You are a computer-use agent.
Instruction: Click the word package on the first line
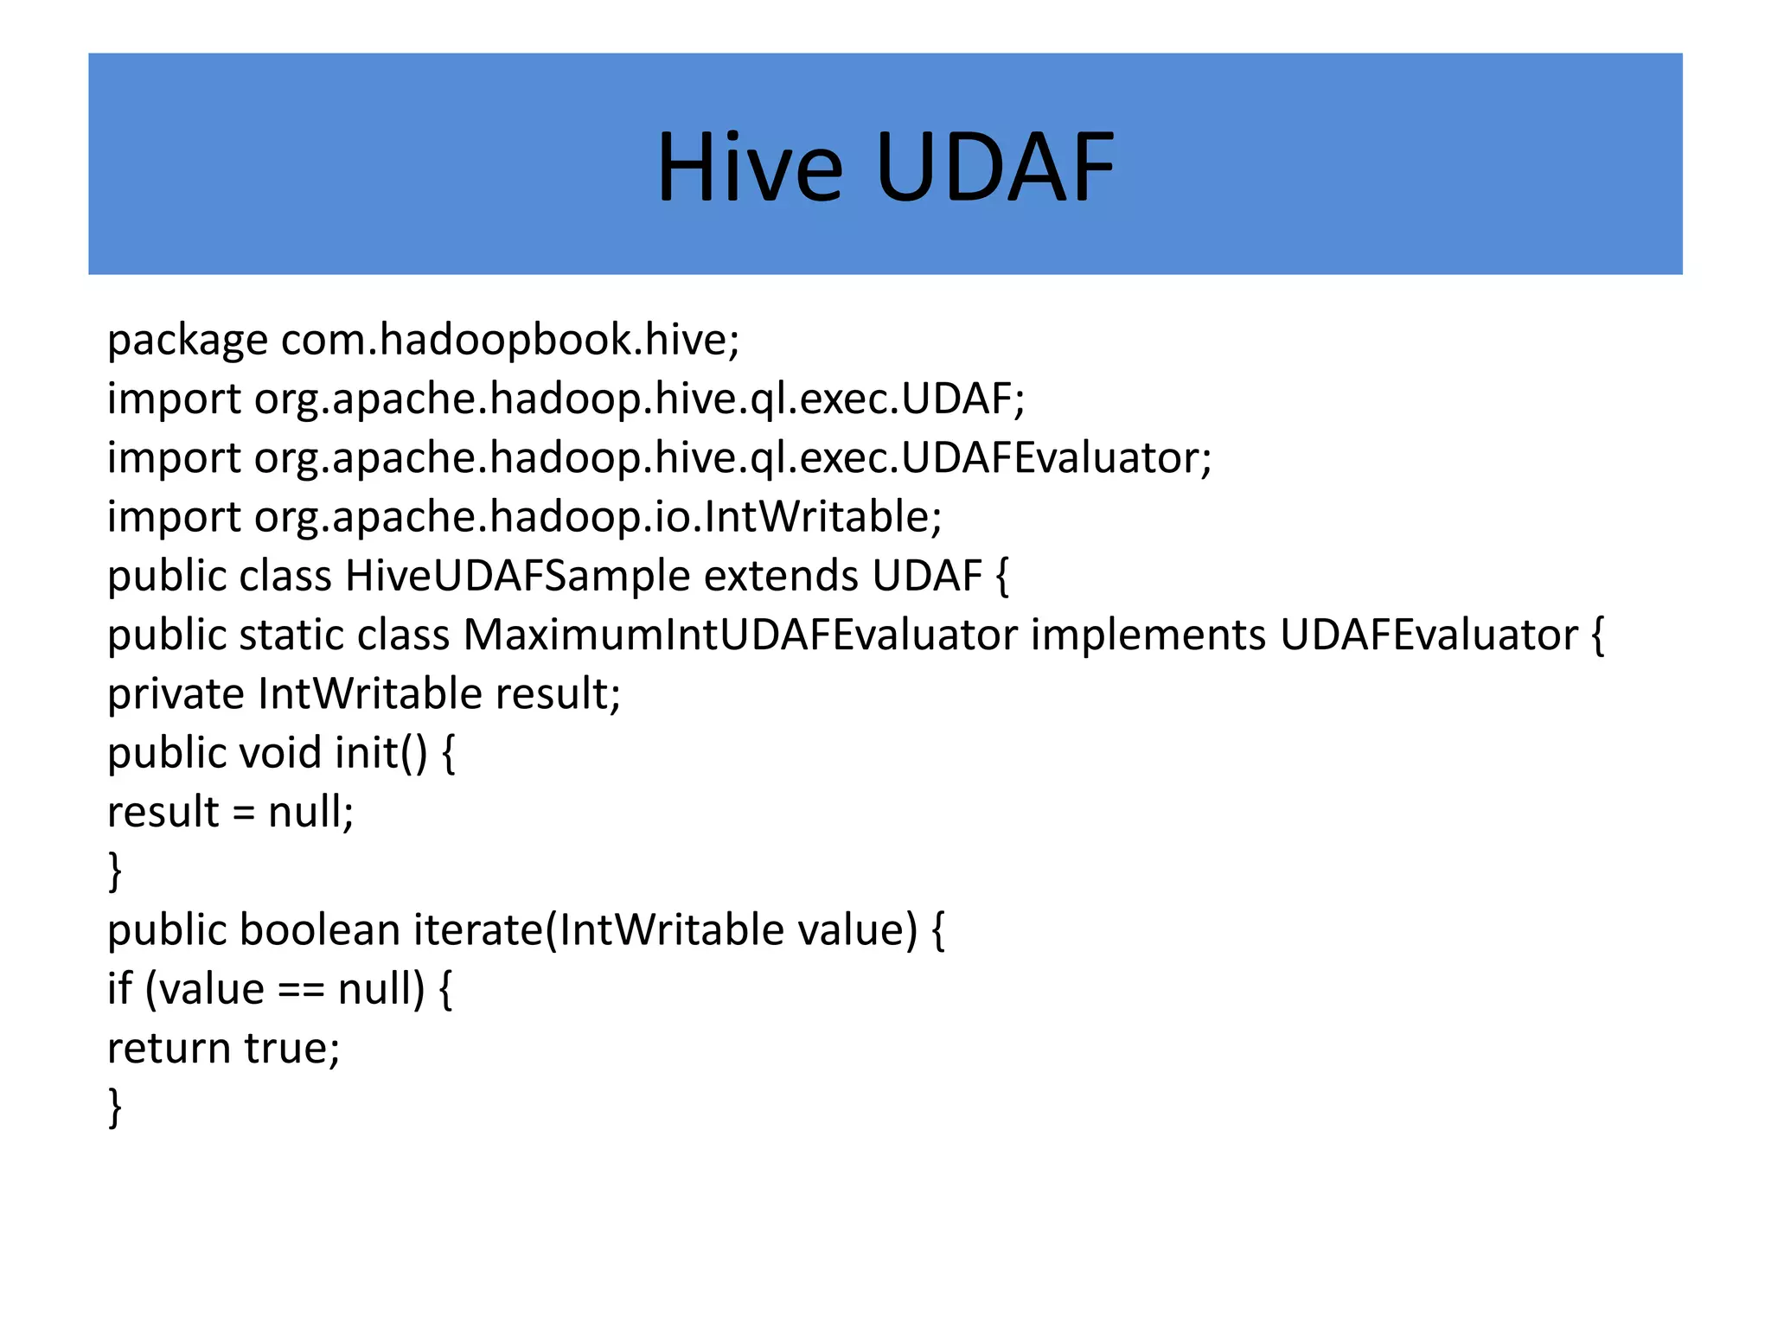tap(187, 340)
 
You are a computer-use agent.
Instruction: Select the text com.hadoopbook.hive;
tap(510, 340)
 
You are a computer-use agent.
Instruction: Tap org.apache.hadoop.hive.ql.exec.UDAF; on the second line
tap(639, 399)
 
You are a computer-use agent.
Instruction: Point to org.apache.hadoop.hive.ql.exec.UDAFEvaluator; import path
tap(732, 457)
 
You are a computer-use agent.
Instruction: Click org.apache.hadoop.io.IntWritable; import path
tap(598, 517)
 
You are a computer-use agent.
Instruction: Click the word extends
tap(783, 576)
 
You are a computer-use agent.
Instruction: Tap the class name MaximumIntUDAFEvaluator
tap(740, 635)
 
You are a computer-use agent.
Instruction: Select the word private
tap(176, 694)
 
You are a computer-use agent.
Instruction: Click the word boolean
tap(319, 930)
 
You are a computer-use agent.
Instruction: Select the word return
tap(169, 1049)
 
